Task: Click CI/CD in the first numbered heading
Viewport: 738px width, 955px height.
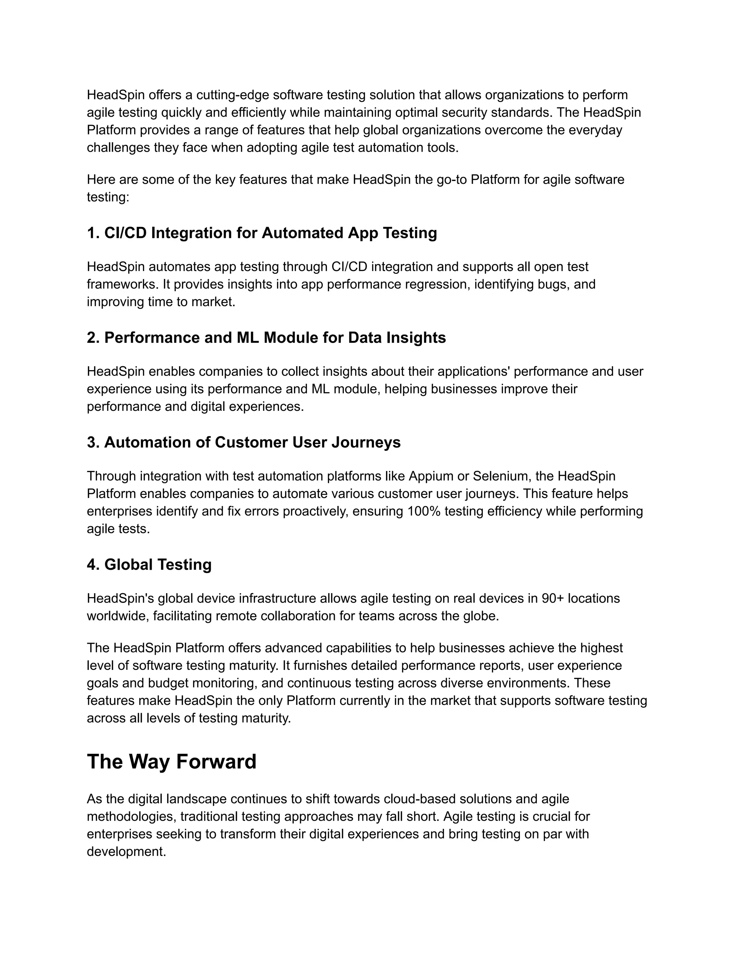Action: point(125,233)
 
